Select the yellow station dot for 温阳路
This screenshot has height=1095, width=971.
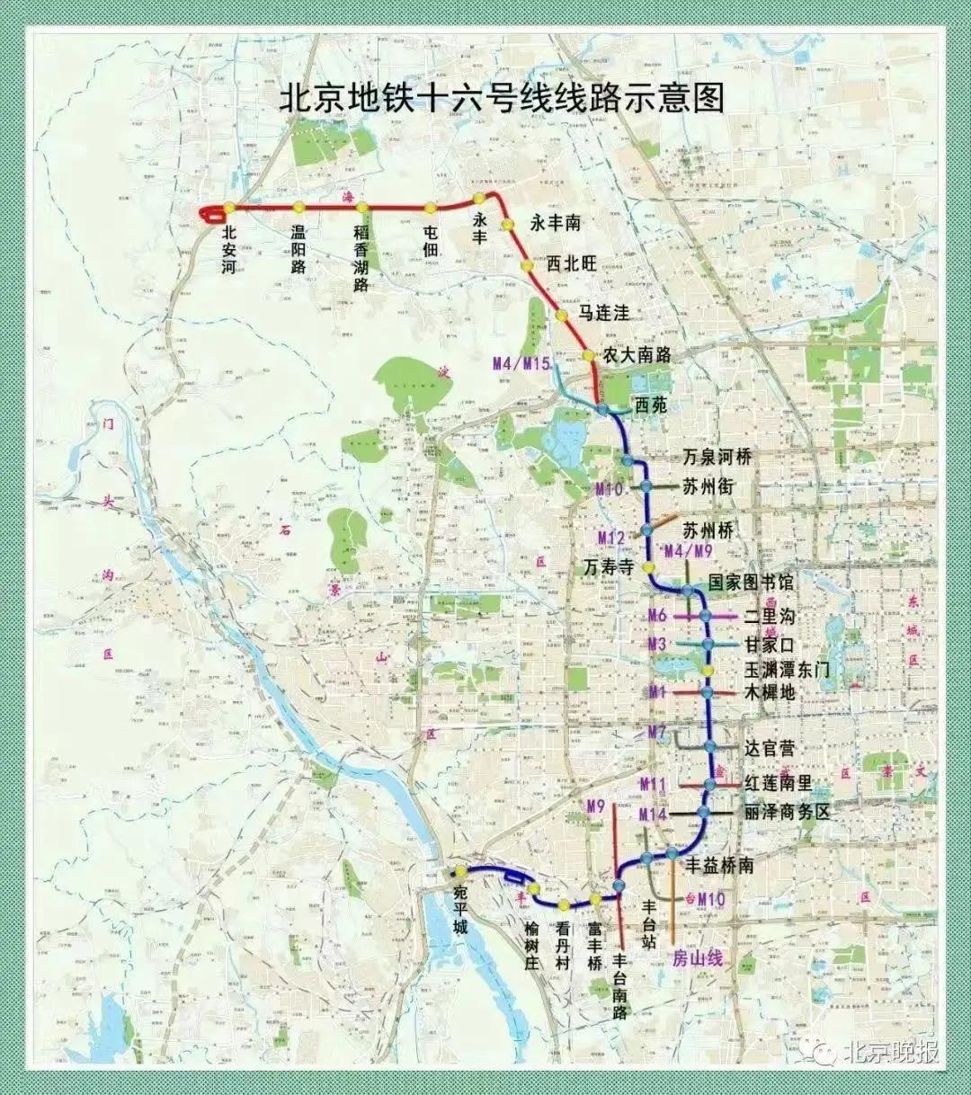298,208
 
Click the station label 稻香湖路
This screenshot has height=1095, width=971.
361,259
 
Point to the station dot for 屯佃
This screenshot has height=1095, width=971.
430,208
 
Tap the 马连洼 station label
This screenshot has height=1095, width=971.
603,313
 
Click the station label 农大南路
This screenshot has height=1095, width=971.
637,354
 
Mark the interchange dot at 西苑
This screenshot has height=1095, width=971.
603,409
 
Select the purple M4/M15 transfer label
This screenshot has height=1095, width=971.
521,364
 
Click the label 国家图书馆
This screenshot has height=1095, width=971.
751,583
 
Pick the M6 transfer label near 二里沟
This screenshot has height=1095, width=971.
658,617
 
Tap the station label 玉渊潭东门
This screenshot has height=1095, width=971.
786,671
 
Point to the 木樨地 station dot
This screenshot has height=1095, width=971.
708,692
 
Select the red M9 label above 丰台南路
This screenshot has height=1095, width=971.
595,806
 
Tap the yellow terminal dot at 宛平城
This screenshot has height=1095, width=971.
460,872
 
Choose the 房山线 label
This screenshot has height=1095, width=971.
698,958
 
